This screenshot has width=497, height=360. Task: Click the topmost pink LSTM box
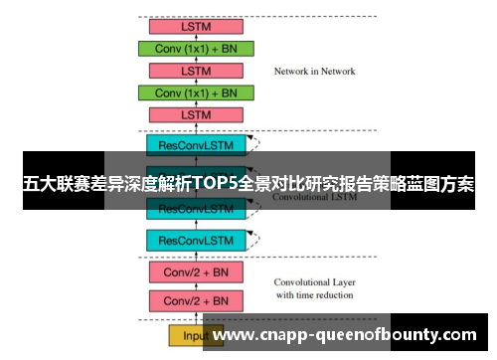click(x=196, y=26)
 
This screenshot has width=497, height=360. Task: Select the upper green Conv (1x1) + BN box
click(x=196, y=49)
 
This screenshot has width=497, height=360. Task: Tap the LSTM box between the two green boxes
click(x=196, y=72)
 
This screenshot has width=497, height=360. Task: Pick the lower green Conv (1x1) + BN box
click(x=196, y=93)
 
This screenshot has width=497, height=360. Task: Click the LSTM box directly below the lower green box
click(x=196, y=115)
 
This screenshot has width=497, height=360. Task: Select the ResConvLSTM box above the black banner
click(x=196, y=144)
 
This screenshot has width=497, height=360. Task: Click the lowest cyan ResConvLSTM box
click(x=196, y=240)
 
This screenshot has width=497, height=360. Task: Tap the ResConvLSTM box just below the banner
click(x=196, y=210)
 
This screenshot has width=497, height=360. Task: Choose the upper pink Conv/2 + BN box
click(x=196, y=271)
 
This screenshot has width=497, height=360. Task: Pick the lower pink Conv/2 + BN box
click(x=196, y=300)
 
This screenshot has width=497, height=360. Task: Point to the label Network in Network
click(x=314, y=72)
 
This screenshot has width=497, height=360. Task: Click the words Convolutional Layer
click(x=314, y=281)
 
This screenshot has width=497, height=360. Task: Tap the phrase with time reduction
click(x=314, y=295)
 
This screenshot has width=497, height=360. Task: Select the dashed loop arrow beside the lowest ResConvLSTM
click(x=256, y=238)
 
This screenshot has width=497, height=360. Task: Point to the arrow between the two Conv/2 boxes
click(x=196, y=286)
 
